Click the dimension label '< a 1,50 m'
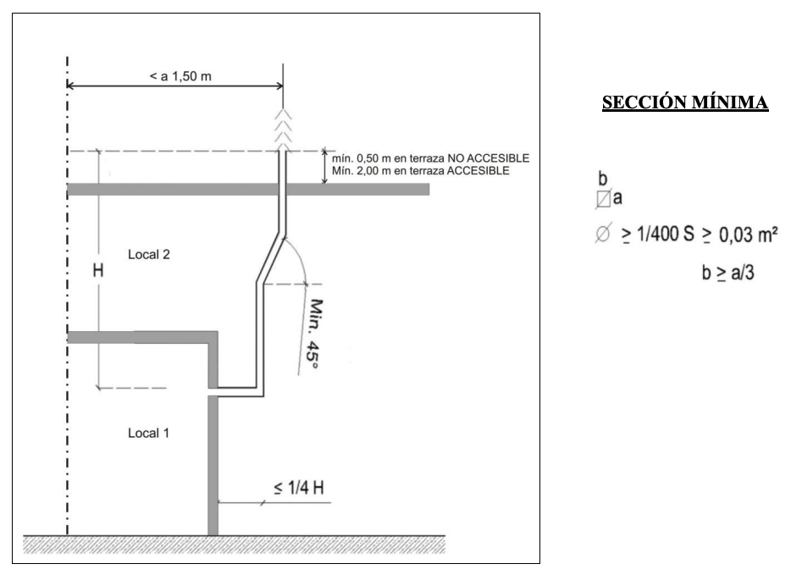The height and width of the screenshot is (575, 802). (x=174, y=77)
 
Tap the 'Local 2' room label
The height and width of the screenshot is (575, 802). (x=149, y=253)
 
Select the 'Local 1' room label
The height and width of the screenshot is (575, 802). (x=149, y=433)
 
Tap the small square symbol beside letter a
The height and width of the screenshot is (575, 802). (x=602, y=201)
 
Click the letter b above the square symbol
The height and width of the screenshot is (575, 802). (x=602, y=181)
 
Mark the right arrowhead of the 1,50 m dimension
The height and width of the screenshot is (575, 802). (x=278, y=86)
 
